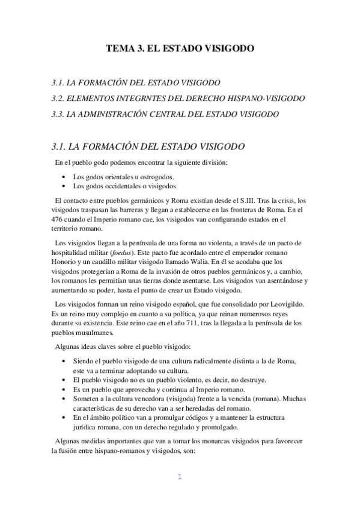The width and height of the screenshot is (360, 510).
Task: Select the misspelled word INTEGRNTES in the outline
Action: point(141,98)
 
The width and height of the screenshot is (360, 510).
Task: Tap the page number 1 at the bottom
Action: point(179,478)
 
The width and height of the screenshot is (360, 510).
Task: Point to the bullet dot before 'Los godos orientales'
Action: point(64,177)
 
